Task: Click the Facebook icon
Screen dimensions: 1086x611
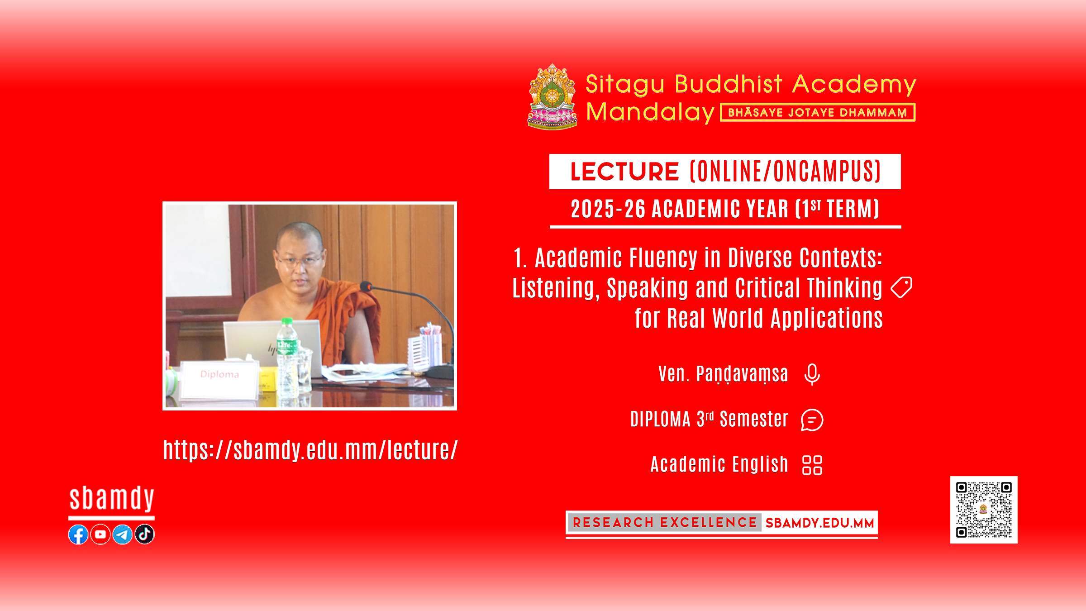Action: click(78, 535)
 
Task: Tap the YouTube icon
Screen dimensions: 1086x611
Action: click(100, 535)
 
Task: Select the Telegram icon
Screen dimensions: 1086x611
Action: click(123, 535)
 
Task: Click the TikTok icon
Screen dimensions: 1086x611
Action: click(145, 535)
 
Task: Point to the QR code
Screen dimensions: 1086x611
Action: click(984, 510)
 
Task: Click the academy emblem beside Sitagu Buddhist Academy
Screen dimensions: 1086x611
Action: click(553, 96)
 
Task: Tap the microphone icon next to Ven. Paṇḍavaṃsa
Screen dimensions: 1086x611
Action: click(812, 374)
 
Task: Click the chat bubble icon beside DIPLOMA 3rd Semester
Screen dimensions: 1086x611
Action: click(812, 420)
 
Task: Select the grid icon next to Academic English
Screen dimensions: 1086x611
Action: click(812, 465)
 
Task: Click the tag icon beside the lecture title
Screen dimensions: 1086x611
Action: click(901, 287)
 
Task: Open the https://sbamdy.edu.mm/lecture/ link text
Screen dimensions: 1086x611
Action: click(310, 450)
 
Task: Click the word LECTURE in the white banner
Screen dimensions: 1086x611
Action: click(624, 172)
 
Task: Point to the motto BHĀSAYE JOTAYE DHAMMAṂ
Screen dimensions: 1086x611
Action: click(818, 112)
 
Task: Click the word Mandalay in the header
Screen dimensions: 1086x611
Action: click(650, 112)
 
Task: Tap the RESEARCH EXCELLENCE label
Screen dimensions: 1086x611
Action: click(665, 523)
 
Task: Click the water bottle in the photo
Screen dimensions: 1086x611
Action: click(287, 358)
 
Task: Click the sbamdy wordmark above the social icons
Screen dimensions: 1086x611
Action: click(112, 499)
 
